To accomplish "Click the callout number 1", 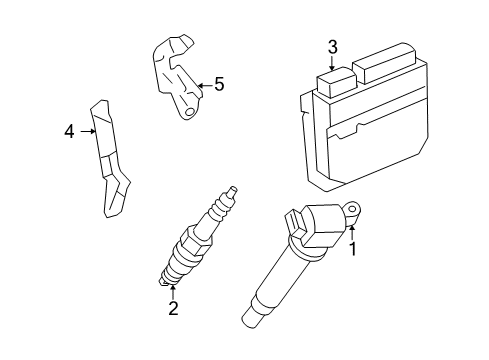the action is [352, 249].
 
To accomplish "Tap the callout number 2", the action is [173, 308].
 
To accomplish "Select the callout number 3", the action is [332, 47].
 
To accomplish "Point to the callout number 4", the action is [69, 132].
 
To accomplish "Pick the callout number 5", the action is [219, 84].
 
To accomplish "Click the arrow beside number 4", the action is [88, 131].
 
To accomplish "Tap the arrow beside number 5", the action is [205, 85].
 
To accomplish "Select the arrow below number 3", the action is [332, 63].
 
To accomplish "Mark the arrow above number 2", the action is [173, 292].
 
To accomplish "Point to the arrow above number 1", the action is [352, 233].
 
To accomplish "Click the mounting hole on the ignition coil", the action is [352, 209].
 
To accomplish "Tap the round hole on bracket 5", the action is [189, 112].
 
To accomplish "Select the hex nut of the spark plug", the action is [195, 239].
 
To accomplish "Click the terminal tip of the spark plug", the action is [232, 192].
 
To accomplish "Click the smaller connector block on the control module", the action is [337, 82].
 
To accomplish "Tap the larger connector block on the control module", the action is [384, 63].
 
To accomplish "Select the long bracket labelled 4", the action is [109, 159].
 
